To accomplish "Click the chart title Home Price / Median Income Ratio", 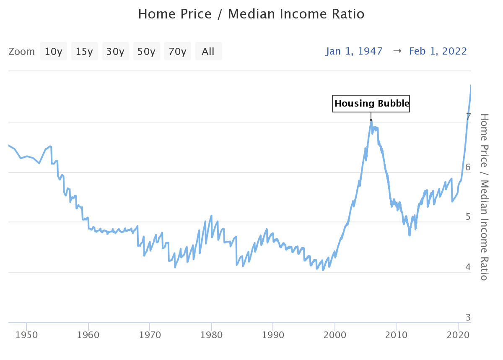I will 251,14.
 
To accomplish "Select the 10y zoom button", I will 54,52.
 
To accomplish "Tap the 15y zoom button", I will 85,52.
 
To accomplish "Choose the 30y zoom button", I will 116,52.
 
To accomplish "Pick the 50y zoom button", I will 147,52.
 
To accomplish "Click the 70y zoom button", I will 178,52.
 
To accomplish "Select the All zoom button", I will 208,52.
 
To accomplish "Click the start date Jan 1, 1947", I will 355,51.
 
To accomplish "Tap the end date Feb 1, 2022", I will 438,51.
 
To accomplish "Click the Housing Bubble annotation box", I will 371,103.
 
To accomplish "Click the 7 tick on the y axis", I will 468,117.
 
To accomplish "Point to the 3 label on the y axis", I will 468,317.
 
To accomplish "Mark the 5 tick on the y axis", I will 468,217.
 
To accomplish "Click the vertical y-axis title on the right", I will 484,197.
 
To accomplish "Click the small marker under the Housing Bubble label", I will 371,120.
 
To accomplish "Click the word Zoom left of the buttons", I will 22,52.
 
